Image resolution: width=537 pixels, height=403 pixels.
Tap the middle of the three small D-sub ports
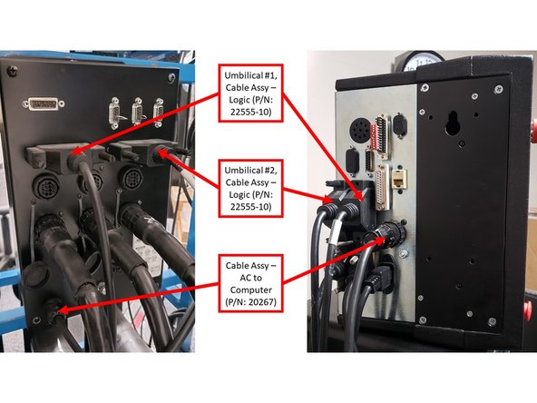click(138, 115)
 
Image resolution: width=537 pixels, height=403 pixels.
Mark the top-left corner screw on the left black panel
click(11, 69)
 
